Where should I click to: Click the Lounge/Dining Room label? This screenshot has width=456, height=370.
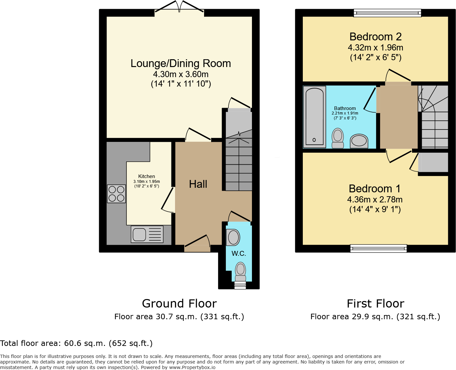pyautogui.click(x=181, y=63)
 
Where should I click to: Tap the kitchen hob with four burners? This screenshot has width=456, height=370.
pyautogui.click(x=116, y=194)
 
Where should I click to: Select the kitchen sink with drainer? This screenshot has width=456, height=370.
pyautogui.click(x=147, y=234)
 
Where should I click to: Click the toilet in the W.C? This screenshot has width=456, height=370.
pyautogui.click(x=241, y=271)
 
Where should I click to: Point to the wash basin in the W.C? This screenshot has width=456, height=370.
pyautogui.click(x=233, y=237)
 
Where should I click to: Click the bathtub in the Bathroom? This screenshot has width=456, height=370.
pyautogui.click(x=314, y=117)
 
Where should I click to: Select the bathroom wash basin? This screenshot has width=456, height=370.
pyautogui.click(x=359, y=141)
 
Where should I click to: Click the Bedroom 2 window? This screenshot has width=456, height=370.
pyautogui.click(x=387, y=13)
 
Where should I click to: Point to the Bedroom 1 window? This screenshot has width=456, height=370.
pyautogui.click(x=378, y=249)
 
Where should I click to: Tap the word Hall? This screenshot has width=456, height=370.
pyautogui.click(x=198, y=184)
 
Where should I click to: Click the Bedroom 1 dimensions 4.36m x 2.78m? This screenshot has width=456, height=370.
pyautogui.click(x=375, y=199)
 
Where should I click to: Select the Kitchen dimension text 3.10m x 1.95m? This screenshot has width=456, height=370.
pyautogui.click(x=147, y=182)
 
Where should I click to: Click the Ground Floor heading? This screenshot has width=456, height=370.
pyautogui.click(x=179, y=304)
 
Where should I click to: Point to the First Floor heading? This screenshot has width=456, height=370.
pyautogui.click(x=375, y=304)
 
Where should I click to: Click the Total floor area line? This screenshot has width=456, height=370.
pyautogui.click(x=76, y=343)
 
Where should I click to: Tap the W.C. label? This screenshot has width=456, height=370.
pyautogui.click(x=239, y=254)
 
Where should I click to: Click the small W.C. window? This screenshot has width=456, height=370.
pyautogui.click(x=240, y=285)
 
